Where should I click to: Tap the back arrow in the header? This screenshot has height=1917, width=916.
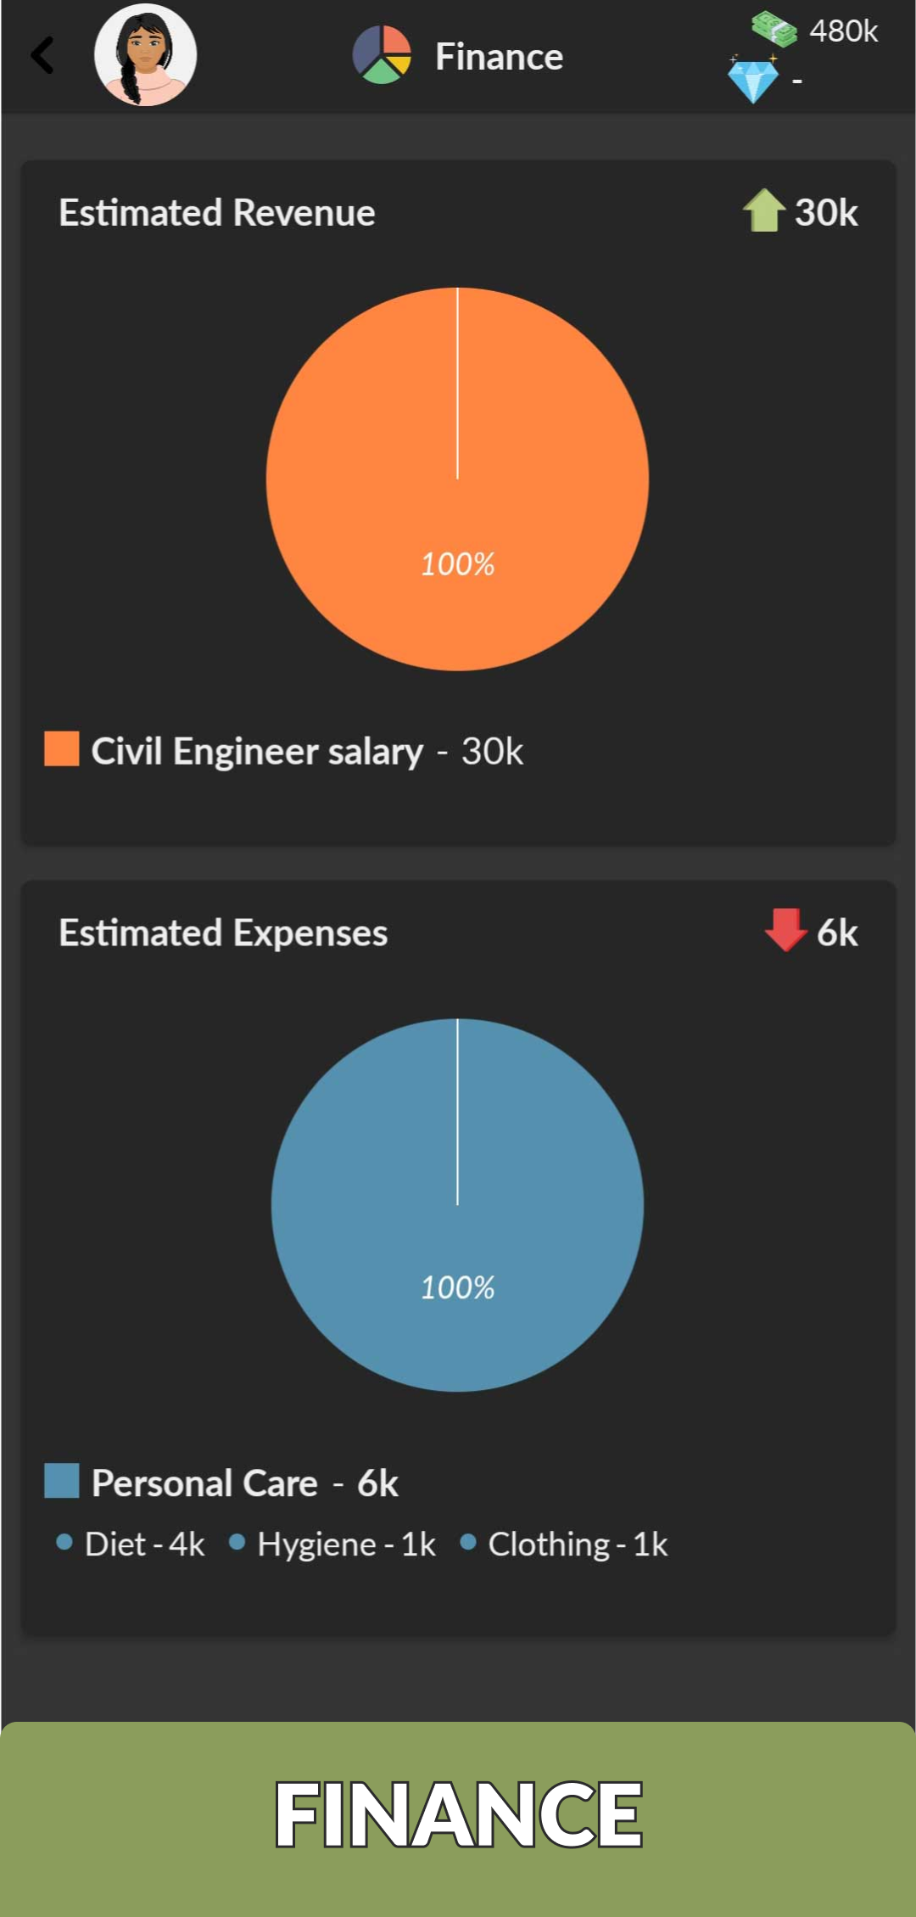click(42, 56)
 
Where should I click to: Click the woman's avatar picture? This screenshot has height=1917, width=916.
click(145, 55)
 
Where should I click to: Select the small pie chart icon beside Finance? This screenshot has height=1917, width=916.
click(382, 55)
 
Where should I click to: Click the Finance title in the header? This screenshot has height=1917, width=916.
click(499, 57)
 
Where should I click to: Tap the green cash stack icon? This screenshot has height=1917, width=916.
click(774, 29)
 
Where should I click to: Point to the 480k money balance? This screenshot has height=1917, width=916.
click(843, 31)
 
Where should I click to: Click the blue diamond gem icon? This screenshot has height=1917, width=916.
click(752, 81)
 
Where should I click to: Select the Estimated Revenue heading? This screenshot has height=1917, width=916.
click(217, 213)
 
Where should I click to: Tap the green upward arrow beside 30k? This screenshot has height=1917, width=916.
click(763, 210)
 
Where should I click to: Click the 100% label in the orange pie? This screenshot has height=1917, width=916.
click(458, 564)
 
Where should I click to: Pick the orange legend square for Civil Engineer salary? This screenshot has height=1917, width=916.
click(62, 748)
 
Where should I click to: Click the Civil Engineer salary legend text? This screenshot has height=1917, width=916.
click(256, 752)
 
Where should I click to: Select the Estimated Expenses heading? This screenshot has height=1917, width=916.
click(223, 933)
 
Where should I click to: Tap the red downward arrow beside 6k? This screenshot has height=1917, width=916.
click(785, 930)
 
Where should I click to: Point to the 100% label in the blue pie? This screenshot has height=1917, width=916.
click(458, 1287)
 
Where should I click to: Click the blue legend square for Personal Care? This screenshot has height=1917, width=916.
click(62, 1480)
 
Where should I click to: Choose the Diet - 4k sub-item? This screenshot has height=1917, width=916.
click(144, 1544)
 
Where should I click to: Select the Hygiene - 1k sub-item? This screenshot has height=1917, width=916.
click(346, 1544)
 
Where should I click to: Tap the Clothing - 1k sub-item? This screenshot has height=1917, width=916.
click(577, 1544)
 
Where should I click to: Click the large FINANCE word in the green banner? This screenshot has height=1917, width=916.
click(458, 1814)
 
